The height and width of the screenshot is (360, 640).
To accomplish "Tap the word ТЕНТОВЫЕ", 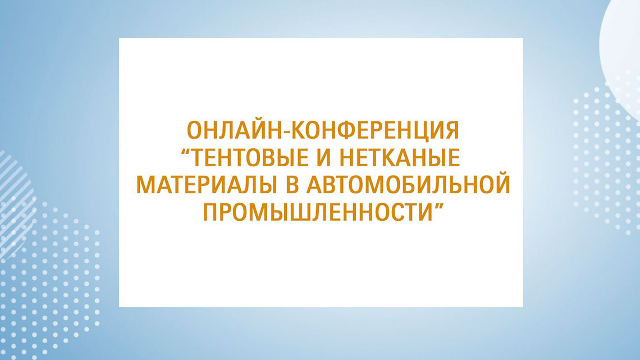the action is pyautogui.click(x=249, y=158).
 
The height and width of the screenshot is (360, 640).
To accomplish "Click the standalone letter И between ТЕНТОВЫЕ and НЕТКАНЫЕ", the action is pyautogui.click(x=324, y=158).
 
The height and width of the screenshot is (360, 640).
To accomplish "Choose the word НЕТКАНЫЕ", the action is pyautogui.click(x=400, y=158).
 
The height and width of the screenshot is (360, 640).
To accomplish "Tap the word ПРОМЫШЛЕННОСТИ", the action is pyautogui.click(x=317, y=212).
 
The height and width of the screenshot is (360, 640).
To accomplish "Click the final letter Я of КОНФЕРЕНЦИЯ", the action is pyautogui.click(x=452, y=131).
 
